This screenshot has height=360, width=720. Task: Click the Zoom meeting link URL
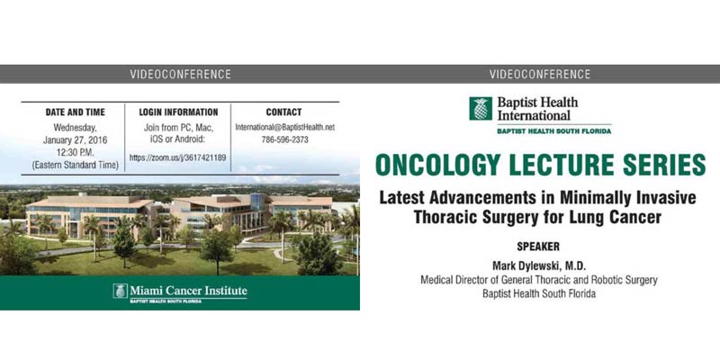177,157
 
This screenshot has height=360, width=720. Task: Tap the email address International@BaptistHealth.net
284,128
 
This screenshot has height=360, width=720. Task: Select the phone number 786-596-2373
284,140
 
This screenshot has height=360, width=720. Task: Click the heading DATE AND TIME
76,112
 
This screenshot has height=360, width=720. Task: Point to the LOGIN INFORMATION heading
178,112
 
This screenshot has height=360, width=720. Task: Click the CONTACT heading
283,112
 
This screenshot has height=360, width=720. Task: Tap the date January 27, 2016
76,140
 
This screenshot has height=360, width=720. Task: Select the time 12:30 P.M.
76,153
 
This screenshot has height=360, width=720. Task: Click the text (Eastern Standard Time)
76,166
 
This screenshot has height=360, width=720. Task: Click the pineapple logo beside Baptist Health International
481,108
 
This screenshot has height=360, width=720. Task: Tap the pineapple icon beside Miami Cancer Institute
120,291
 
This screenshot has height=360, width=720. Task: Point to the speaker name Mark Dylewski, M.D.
538,266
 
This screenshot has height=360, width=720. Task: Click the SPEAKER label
538,247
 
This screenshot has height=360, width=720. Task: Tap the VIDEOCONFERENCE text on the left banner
180,74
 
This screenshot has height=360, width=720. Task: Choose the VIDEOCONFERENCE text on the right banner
540,74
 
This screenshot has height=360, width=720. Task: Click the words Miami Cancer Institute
188,290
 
